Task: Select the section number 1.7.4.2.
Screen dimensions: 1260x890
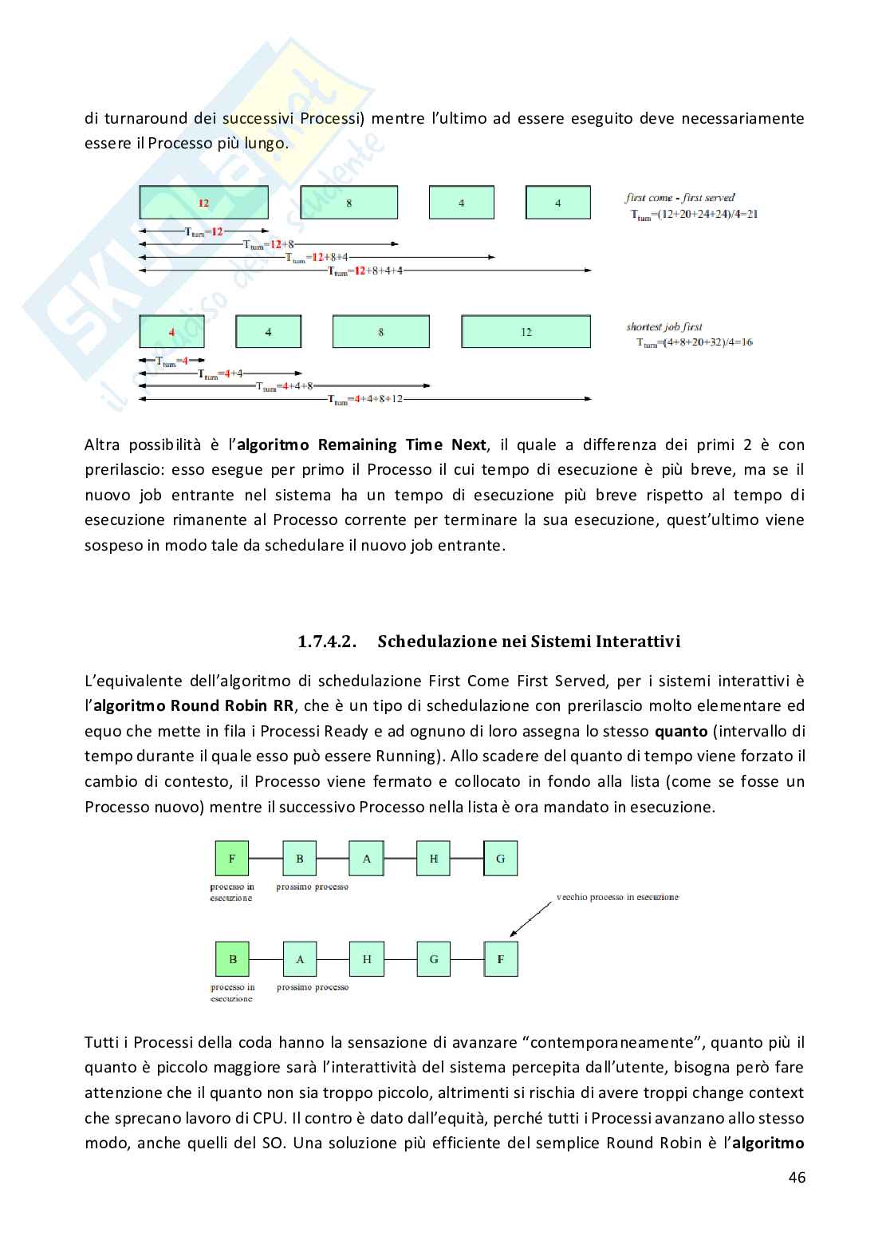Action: [x=328, y=642]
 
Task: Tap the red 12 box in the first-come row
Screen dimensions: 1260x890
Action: [x=203, y=203]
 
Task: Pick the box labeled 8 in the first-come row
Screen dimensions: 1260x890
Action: [x=349, y=203]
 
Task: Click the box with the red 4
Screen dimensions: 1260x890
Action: [x=171, y=332]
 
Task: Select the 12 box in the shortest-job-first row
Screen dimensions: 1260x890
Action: [x=526, y=332]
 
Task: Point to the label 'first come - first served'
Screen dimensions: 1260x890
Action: [x=679, y=197]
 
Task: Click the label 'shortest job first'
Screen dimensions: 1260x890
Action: [x=664, y=327]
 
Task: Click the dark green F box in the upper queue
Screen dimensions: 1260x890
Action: [x=232, y=859]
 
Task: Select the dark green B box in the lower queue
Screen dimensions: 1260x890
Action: [x=232, y=959]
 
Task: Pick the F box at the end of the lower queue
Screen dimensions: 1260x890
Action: [x=501, y=959]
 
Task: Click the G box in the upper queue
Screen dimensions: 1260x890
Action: [x=501, y=859]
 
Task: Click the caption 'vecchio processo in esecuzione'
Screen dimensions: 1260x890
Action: [x=617, y=897]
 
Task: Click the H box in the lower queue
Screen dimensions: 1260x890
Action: [x=367, y=959]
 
